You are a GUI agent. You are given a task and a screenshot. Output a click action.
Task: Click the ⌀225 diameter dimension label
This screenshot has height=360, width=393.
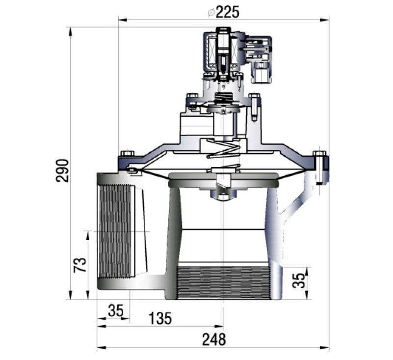coord(224,12)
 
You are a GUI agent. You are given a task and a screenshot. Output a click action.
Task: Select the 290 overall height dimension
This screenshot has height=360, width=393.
coord(62,170)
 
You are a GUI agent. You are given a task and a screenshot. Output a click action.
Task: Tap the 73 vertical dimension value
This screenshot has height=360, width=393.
coord(80,264)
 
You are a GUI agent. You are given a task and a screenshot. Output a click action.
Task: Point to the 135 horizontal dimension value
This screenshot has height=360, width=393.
coord(160,318)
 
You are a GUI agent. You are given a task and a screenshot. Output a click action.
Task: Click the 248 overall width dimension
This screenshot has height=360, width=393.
coord(214,339)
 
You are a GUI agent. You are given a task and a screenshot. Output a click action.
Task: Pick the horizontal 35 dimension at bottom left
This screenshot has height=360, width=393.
coord(116,310)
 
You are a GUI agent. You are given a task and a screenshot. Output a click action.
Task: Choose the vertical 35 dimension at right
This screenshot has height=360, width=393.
coord(299,280)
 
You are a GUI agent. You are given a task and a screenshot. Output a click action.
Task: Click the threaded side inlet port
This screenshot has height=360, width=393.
coord(115,231)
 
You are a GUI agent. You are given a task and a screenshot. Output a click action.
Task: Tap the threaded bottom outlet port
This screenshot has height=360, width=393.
coord(223,283)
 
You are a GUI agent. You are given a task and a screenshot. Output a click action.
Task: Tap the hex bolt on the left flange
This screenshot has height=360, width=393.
coord(128,153)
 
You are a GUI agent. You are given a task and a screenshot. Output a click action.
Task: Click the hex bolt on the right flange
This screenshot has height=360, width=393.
coord(319,153)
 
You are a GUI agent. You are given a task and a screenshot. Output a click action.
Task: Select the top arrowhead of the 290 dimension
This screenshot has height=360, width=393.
coord(70,31)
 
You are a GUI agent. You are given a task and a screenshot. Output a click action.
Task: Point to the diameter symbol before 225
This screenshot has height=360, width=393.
coord(211,13)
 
